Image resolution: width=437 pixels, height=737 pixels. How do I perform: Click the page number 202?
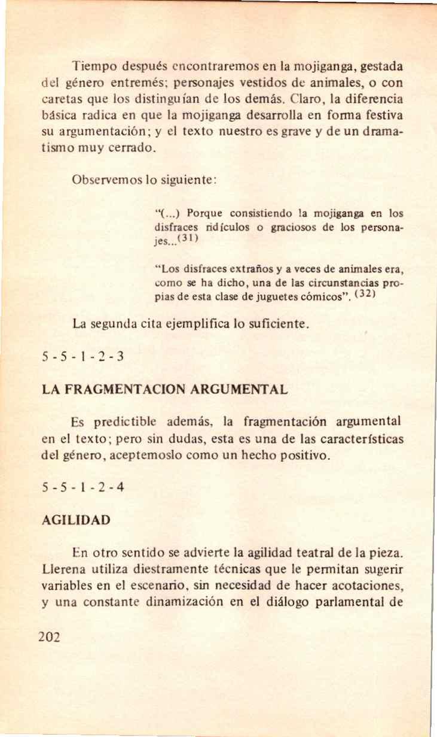point(49,636)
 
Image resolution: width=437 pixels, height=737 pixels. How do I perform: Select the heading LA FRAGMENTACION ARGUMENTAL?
point(165,390)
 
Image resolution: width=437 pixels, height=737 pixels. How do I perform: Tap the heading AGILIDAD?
point(76,520)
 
